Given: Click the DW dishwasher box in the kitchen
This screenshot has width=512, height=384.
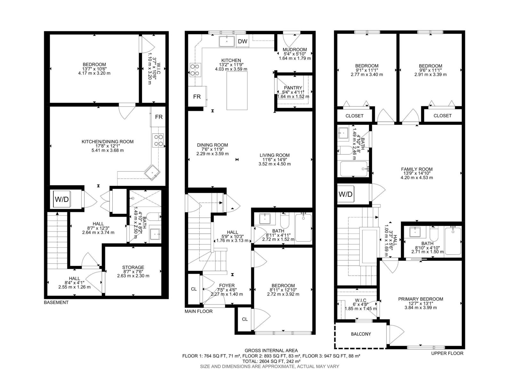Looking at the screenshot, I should click(243, 41).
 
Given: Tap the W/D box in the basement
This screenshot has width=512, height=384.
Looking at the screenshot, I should click(62, 199).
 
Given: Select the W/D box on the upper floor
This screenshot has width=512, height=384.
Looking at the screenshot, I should click(345, 194).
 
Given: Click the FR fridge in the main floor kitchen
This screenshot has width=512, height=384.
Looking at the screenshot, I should click(197, 96).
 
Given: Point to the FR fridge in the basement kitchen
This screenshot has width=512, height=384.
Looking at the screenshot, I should click(159, 117).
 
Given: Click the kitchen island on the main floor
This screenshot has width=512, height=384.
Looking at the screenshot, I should click(237, 91).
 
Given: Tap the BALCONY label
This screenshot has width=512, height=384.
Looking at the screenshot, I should click(361, 334).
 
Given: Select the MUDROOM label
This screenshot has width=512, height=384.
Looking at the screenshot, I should click(295, 50).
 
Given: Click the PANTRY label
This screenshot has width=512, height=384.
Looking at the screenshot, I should click(293, 88).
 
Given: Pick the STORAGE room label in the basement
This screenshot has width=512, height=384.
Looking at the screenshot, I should click(133, 267).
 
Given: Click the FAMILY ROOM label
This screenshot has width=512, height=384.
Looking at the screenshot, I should click(417, 169).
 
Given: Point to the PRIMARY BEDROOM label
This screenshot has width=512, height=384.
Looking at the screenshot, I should click(420, 299).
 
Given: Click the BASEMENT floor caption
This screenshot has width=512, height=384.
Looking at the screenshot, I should click(56, 302).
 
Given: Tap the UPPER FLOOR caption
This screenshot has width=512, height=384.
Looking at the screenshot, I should click(447, 353).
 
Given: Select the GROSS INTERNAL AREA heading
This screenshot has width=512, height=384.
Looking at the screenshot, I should click(271, 350).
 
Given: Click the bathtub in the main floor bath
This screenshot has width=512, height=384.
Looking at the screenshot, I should click(303, 228).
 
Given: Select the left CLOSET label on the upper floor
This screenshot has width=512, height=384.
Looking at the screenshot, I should click(354, 116).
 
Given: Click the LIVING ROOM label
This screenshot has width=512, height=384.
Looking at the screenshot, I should click(275, 155).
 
